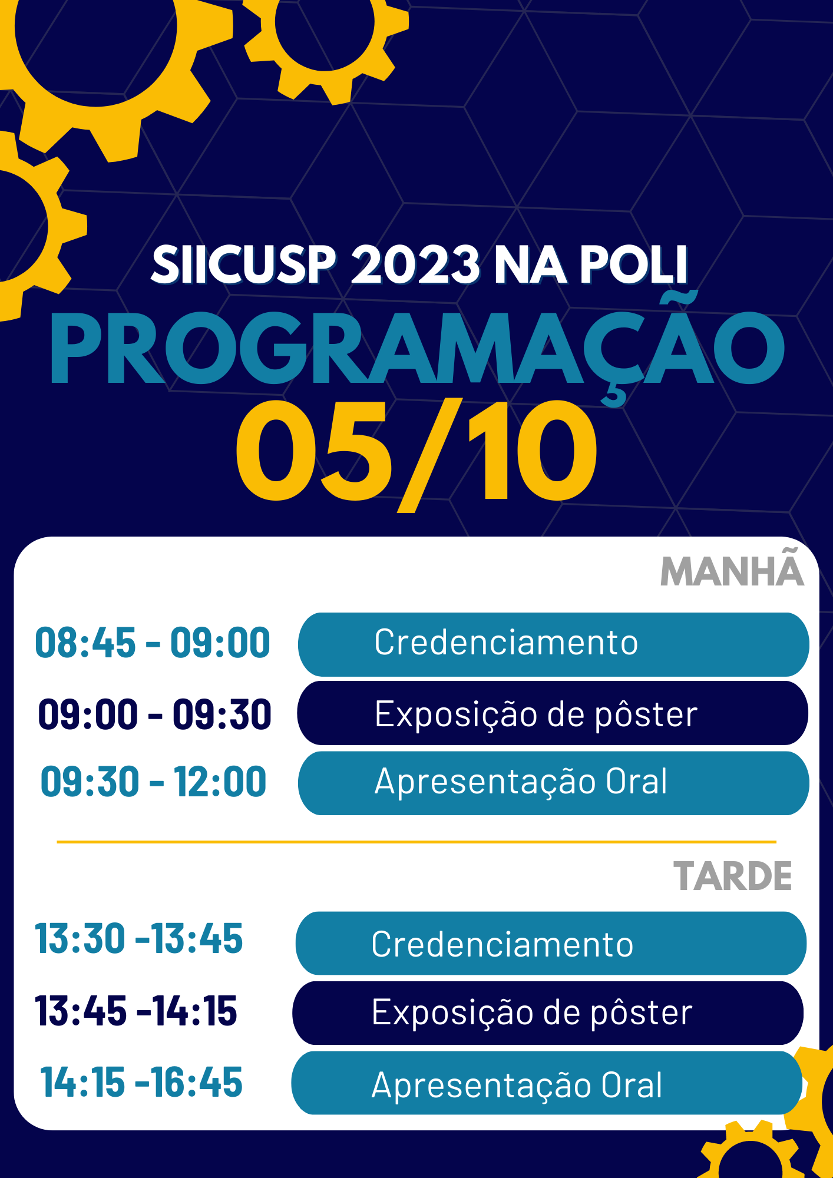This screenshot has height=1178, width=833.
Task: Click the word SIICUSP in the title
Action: click(243, 264)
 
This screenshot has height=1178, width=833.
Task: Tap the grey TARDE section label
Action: click(733, 876)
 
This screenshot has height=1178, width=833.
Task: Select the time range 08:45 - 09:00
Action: click(153, 643)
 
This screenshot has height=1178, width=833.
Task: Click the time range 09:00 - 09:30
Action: click(154, 714)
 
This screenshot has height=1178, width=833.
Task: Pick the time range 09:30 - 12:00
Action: click(154, 782)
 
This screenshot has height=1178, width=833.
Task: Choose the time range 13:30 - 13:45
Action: click(139, 938)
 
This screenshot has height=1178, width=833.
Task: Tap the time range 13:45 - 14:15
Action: click(136, 1011)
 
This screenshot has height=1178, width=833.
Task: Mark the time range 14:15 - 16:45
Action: click(141, 1083)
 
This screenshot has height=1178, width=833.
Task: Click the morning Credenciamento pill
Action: click(554, 644)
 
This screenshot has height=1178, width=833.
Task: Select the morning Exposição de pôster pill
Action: click(553, 713)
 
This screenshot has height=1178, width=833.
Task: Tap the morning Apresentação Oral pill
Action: click(554, 783)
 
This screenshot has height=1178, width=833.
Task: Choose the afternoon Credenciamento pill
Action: click(551, 944)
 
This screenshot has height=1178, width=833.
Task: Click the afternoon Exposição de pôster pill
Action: click(548, 1013)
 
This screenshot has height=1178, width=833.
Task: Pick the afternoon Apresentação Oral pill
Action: click(547, 1083)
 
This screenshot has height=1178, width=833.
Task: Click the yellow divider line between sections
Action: click(416, 842)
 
